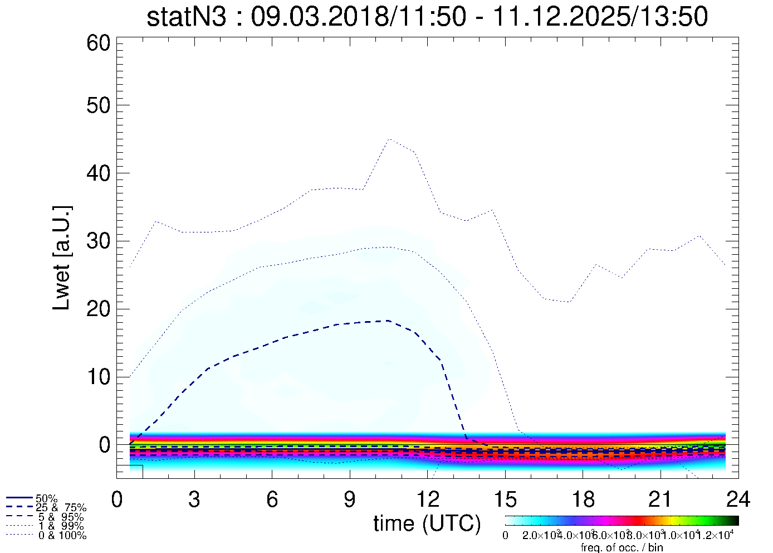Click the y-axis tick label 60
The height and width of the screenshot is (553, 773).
pos(99,43)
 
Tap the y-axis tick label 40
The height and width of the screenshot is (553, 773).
pos(99,173)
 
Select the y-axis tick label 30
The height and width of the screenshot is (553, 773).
pos(99,241)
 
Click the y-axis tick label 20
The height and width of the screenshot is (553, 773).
pos(99,309)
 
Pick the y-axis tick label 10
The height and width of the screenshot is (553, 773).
pos(99,377)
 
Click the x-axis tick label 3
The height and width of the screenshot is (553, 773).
pos(194,499)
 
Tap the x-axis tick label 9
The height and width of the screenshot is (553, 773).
pos(350,499)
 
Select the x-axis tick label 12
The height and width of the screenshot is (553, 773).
pos(428,499)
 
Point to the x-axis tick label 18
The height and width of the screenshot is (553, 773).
pos(583,499)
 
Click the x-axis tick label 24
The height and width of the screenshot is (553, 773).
pos(738,499)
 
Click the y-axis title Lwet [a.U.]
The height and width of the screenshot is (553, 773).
pos(62,258)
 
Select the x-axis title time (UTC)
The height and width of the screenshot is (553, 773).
pos(427,523)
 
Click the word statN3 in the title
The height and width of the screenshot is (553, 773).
pos(187,17)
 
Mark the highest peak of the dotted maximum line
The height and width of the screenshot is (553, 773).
pos(389,139)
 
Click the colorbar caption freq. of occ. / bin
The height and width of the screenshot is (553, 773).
pos(622,547)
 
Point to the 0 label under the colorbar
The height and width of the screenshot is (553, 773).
pos(505,536)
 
